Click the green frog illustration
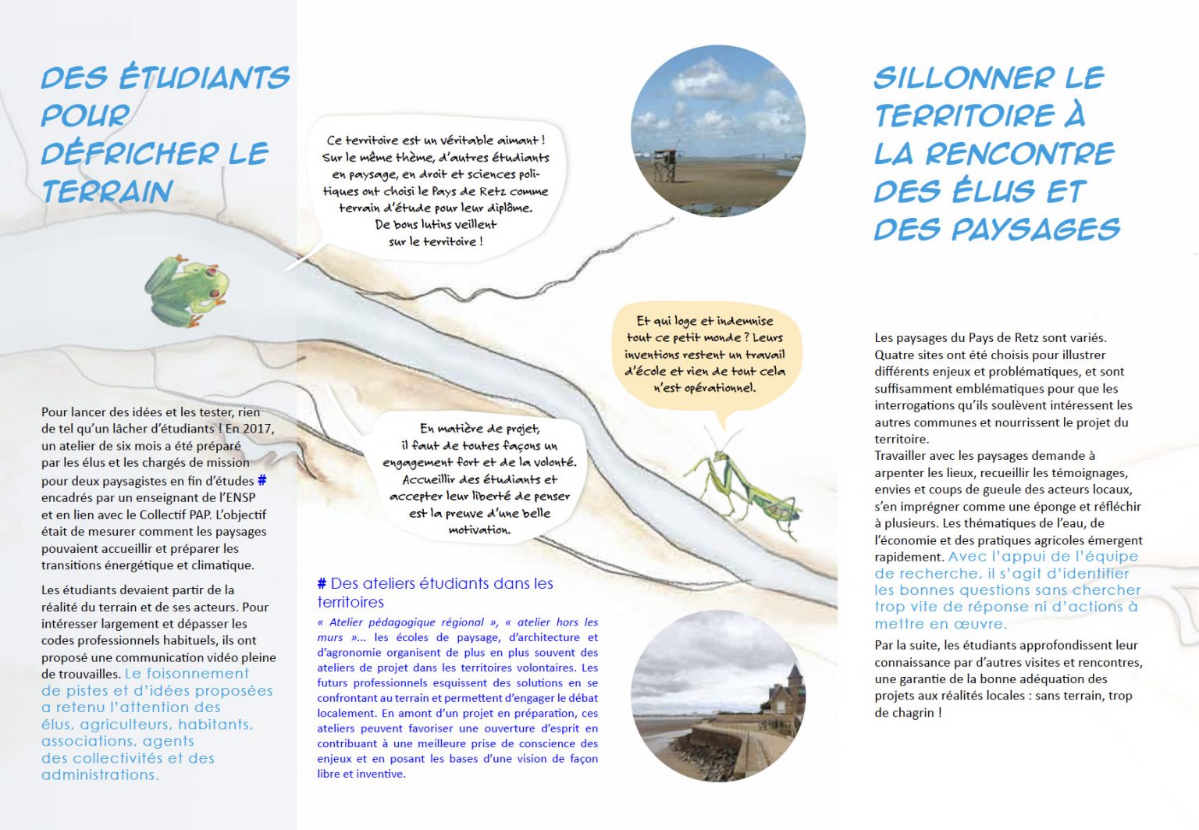187,289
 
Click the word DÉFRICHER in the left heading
130,154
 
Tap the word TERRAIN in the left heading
107,192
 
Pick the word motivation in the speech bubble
479,530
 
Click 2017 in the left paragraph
258,429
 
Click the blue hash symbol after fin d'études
262,481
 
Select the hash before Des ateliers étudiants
322,584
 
